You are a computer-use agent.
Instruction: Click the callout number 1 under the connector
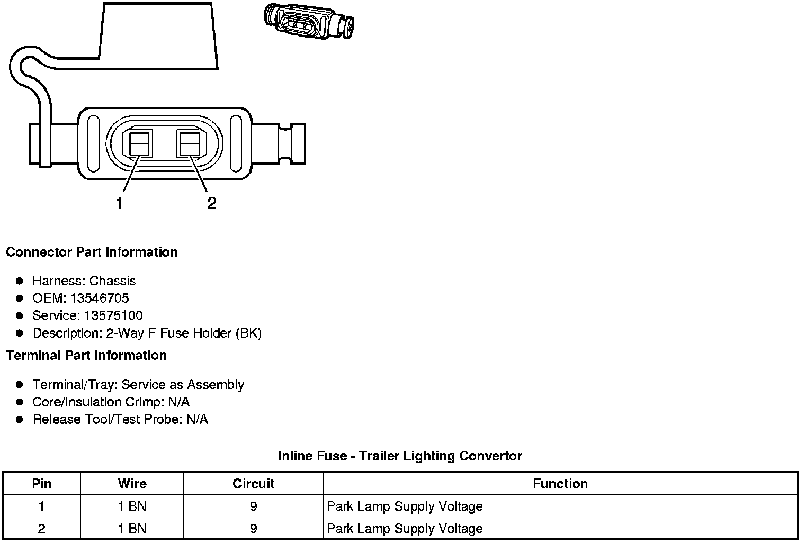coord(120,203)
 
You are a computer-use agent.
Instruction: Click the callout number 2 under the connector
coord(212,203)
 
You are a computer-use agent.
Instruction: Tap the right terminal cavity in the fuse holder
coord(190,143)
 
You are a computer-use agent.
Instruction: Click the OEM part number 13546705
coord(100,298)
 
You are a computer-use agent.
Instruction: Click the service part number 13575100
coord(113,315)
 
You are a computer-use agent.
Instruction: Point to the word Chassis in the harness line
coord(112,281)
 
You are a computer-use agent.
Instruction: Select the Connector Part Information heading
coord(92,252)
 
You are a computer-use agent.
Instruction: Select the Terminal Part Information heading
coord(87,356)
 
